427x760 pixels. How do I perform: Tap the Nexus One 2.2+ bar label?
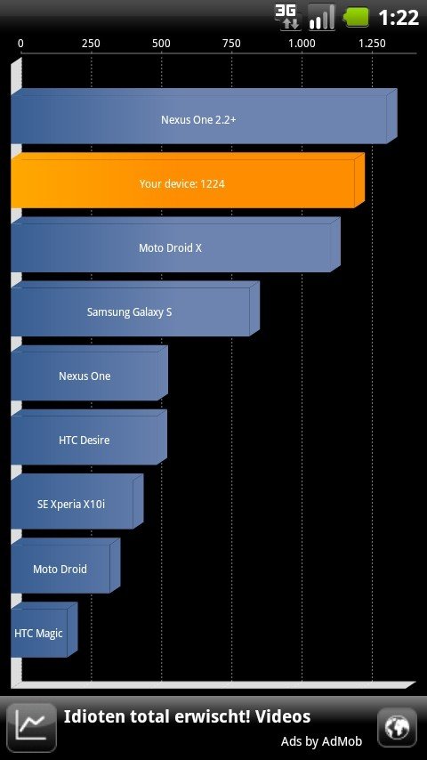198,120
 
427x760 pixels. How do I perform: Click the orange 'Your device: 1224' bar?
188,181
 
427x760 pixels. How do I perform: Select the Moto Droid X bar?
175,244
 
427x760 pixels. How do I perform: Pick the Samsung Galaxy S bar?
135,309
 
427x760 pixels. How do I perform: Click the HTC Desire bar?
89,437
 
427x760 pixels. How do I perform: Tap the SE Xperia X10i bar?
77,501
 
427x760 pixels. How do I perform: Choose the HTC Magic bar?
44,629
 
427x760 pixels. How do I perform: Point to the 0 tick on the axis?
20,44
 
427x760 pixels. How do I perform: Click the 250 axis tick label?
91,44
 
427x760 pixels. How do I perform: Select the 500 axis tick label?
161,44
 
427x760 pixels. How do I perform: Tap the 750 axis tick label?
231,44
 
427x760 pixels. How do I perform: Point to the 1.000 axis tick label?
302,44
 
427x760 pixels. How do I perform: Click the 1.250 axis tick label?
372,44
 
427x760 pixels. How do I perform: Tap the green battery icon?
356,18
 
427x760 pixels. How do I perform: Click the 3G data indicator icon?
288,17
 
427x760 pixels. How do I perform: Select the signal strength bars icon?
322,17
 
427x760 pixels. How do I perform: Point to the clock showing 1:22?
399,18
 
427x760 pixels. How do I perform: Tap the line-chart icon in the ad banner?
31,728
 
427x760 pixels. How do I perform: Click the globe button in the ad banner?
397,728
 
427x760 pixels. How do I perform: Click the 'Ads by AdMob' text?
321,741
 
